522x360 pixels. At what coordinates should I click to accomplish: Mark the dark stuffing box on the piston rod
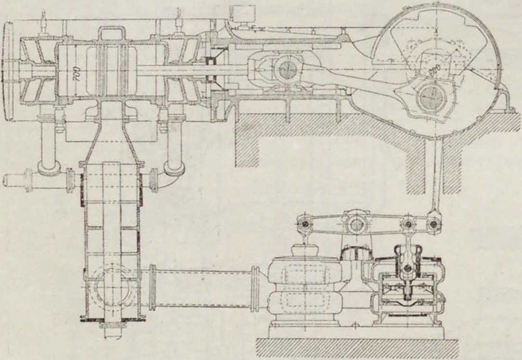pos(210,67)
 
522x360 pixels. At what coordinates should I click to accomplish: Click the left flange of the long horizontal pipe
pos(152,287)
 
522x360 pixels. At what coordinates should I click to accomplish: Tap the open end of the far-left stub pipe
pos(6,180)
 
